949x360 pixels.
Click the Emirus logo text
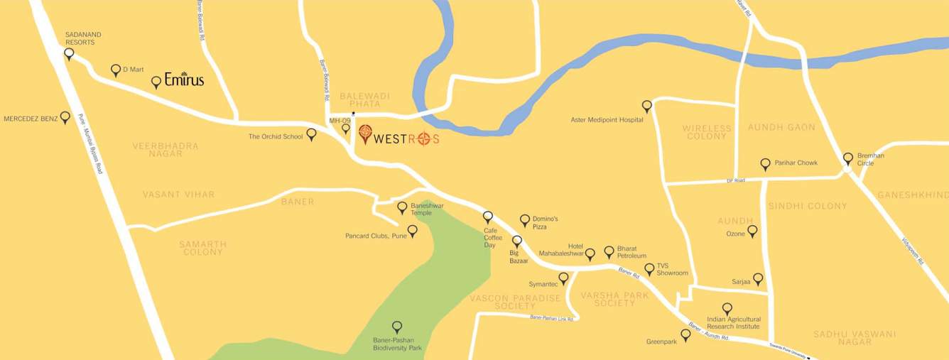pos(184,80)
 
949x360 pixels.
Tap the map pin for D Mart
pos(116,70)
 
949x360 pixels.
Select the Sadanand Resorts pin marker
pos(69,53)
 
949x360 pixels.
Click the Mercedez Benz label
pos(31,119)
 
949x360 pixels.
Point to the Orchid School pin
pos(311,133)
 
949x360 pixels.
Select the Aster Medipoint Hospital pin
pos(647,105)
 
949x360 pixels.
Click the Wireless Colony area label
pos(707,132)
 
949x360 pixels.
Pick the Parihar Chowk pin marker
pos(765,163)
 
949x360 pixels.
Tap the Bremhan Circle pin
pos(847,158)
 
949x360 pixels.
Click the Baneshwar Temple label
pos(427,209)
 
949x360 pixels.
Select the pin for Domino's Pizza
pos(525,220)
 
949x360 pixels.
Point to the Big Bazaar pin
pos(517,241)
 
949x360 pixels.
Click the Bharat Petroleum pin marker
pos(609,251)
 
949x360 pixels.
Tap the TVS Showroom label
pos(673,269)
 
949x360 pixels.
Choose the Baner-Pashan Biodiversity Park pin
pos(397,327)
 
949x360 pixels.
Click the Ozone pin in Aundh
pos(752,230)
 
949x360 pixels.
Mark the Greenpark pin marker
pos(685,334)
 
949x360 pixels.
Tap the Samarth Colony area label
pos(203,248)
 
